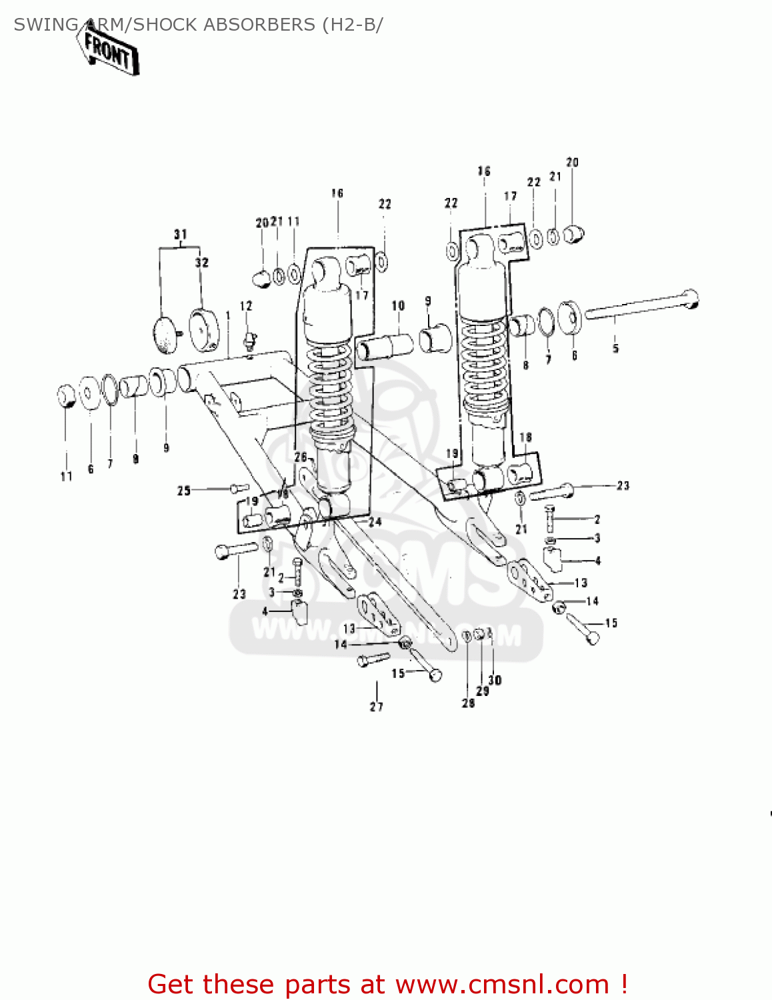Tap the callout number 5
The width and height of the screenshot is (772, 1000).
tap(615, 348)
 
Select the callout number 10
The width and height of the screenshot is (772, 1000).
tap(398, 306)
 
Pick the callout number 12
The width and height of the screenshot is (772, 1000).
tap(246, 306)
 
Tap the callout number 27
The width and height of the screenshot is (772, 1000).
tap(377, 707)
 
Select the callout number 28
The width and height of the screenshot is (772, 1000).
tap(468, 703)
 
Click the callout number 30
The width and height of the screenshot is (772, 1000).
tap(495, 680)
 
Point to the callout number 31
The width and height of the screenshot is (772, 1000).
tap(181, 235)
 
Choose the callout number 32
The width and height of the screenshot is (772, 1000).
tap(202, 263)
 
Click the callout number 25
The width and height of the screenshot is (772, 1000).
tap(184, 491)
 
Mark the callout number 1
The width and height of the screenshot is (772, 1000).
tap(227, 315)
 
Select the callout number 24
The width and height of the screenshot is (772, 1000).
tap(375, 522)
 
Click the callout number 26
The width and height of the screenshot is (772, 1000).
tap(301, 457)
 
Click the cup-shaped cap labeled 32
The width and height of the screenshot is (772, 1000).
tap(205, 329)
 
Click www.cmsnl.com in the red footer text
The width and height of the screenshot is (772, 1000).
tap(502, 984)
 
